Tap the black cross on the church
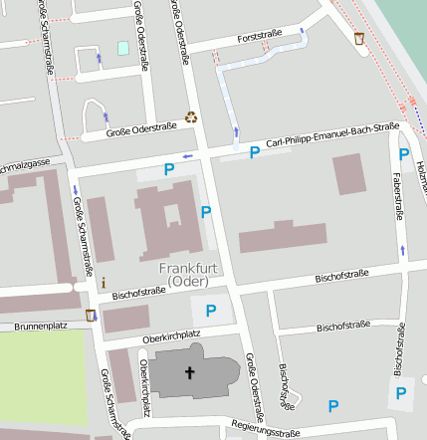[x=189, y=373]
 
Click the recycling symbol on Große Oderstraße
[x=190, y=117]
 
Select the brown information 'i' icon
[x=103, y=283]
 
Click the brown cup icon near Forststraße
[x=358, y=39]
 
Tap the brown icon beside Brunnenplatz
[x=92, y=316]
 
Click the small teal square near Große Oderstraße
[x=123, y=48]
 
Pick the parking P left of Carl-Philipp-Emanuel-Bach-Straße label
[x=255, y=152]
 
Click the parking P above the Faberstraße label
[x=404, y=153]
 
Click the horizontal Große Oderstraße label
[x=141, y=126]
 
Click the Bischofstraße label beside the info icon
[x=138, y=293]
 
